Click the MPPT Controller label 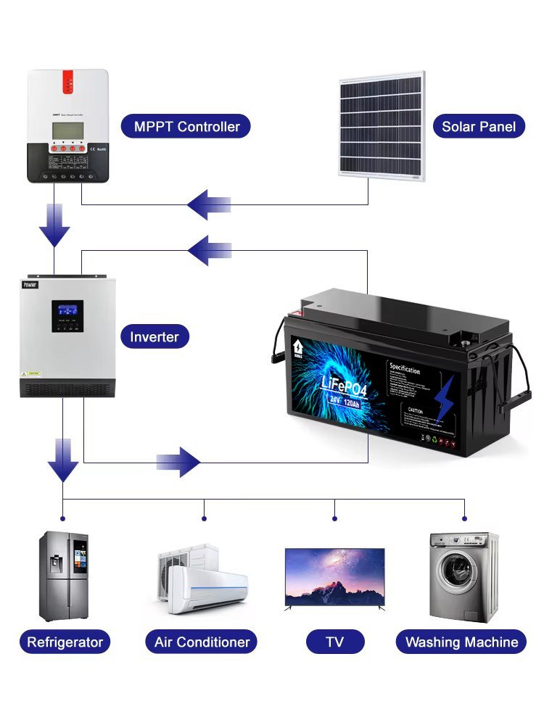tap(186, 127)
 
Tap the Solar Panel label tap(478, 127)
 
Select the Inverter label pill tap(154, 336)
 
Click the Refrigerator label tap(65, 642)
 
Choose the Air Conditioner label tap(202, 642)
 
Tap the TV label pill tap(334, 642)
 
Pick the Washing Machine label tap(461, 642)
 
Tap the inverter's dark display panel tap(67, 316)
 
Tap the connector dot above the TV tap(334, 518)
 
